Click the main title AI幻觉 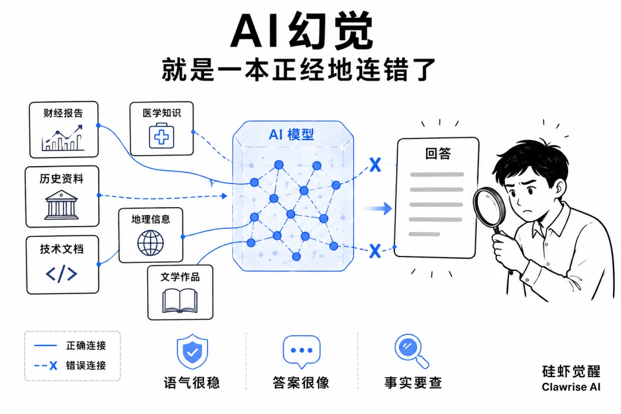coord(302,31)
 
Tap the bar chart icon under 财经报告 coord(63,138)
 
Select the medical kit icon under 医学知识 coord(161,136)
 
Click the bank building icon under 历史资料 coord(62,205)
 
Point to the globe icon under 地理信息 coord(151,243)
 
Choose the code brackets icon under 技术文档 coord(62,274)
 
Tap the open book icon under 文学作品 coord(180,301)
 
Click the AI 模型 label coord(291,135)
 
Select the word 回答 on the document coord(438,154)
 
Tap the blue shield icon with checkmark coord(193,351)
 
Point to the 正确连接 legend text coord(86,346)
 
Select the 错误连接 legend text coord(86,365)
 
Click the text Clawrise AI coord(571,387)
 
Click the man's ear coord(559,189)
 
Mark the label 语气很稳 coord(192,383)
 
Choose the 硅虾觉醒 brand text coord(571,371)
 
